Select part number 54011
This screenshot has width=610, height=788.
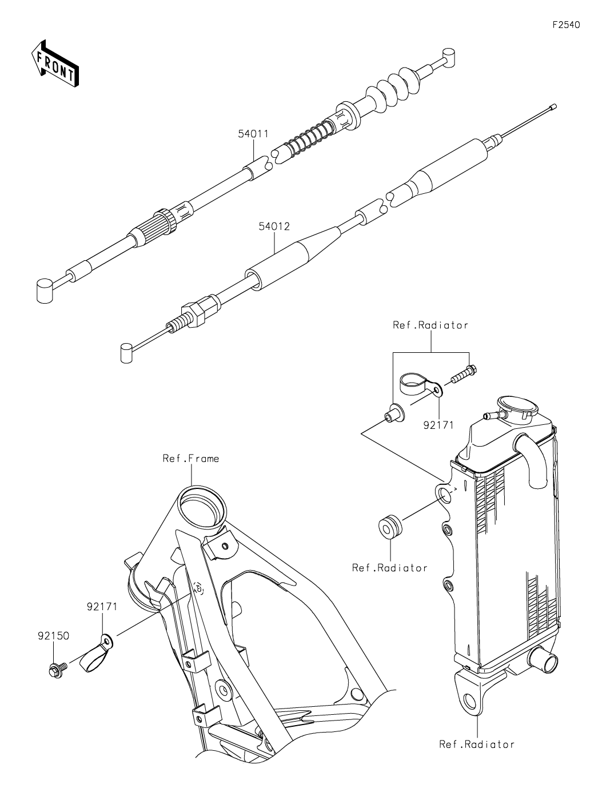[254, 133]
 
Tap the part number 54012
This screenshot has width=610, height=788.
[274, 226]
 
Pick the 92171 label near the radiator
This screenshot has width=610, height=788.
[438, 425]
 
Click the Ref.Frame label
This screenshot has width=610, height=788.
[190, 458]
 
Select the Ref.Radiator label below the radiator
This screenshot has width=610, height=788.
[477, 744]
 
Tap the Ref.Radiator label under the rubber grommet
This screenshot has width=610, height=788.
[390, 568]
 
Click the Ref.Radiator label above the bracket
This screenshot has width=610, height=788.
[430, 325]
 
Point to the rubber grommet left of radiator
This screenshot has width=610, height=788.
[390, 527]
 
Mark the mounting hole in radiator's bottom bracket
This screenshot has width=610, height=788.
[471, 700]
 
